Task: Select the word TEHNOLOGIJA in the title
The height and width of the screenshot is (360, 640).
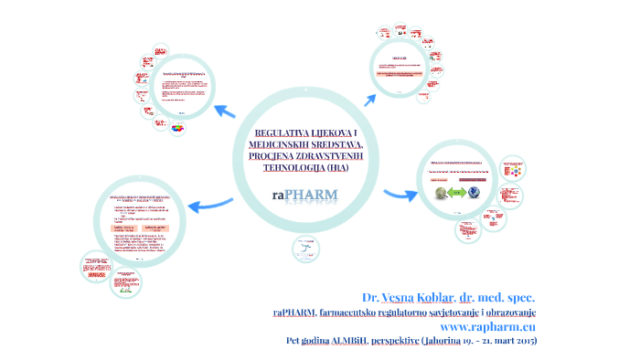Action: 293,168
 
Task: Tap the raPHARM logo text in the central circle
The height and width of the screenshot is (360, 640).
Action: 304,194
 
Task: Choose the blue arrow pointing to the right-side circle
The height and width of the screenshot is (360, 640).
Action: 395,194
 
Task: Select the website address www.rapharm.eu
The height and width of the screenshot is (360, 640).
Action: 488,326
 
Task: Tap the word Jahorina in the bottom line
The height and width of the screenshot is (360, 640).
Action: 443,341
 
